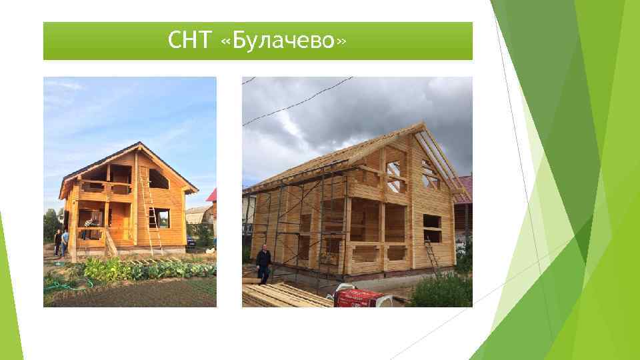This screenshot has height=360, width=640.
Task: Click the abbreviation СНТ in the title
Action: (x=190, y=41)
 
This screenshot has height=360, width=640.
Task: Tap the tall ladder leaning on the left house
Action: (x=148, y=210)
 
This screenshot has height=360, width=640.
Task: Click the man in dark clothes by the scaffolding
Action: (x=264, y=263)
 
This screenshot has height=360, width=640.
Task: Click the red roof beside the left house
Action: (x=213, y=195)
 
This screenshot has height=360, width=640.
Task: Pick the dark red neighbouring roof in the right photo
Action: (x=465, y=189)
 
